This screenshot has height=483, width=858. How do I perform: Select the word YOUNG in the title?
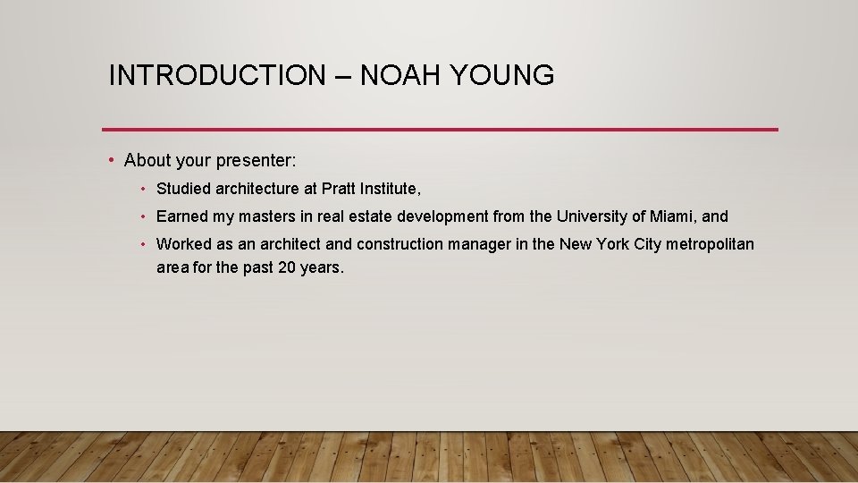pyautogui.click(x=502, y=76)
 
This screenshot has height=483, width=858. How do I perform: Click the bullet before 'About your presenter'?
pyautogui.click(x=110, y=161)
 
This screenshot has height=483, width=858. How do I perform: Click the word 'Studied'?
pyautogui.click(x=183, y=189)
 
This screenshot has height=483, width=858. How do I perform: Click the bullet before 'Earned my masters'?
pyautogui.click(x=144, y=216)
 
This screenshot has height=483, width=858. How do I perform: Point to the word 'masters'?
pyautogui.click(x=266, y=216)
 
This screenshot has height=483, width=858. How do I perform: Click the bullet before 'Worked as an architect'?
pyautogui.click(x=144, y=244)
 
